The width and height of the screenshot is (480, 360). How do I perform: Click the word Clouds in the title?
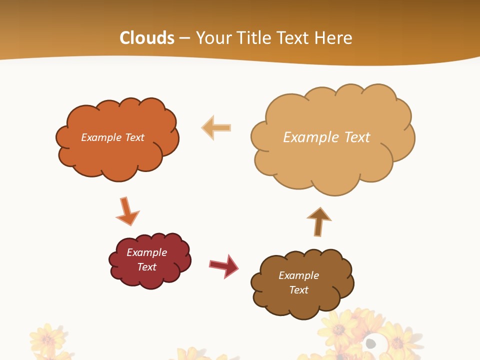tap(147, 38)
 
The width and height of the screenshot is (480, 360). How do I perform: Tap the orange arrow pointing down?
tap(126, 211)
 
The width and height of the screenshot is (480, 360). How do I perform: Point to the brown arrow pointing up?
tap(318, 221)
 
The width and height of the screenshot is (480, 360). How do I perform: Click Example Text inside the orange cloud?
tap(112, 137)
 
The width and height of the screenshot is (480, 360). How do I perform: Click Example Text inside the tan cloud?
tap(326, 137)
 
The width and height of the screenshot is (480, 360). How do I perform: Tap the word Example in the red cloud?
tap(146, 252)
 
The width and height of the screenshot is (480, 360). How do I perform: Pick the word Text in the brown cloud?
tap(298, 290)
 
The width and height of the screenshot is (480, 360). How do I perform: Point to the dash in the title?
tap(185, 38)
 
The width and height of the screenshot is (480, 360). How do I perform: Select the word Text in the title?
tap(295, 38)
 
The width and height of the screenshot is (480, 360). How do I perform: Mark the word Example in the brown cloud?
tap(298, 275)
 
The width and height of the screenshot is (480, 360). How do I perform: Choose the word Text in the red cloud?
tap(146, 267)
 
